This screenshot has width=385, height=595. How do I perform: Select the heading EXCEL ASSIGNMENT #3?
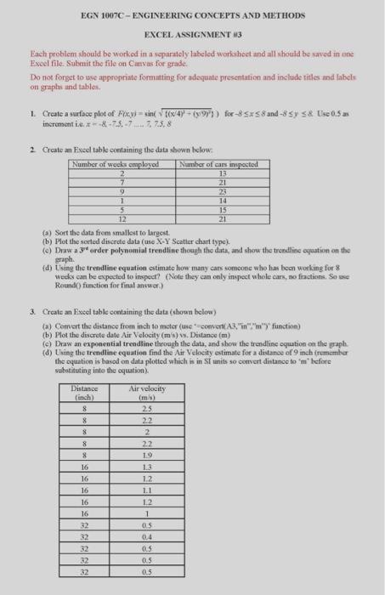click(x=192, y=33)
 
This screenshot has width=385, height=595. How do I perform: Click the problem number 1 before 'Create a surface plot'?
click(x=30, y=111)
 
